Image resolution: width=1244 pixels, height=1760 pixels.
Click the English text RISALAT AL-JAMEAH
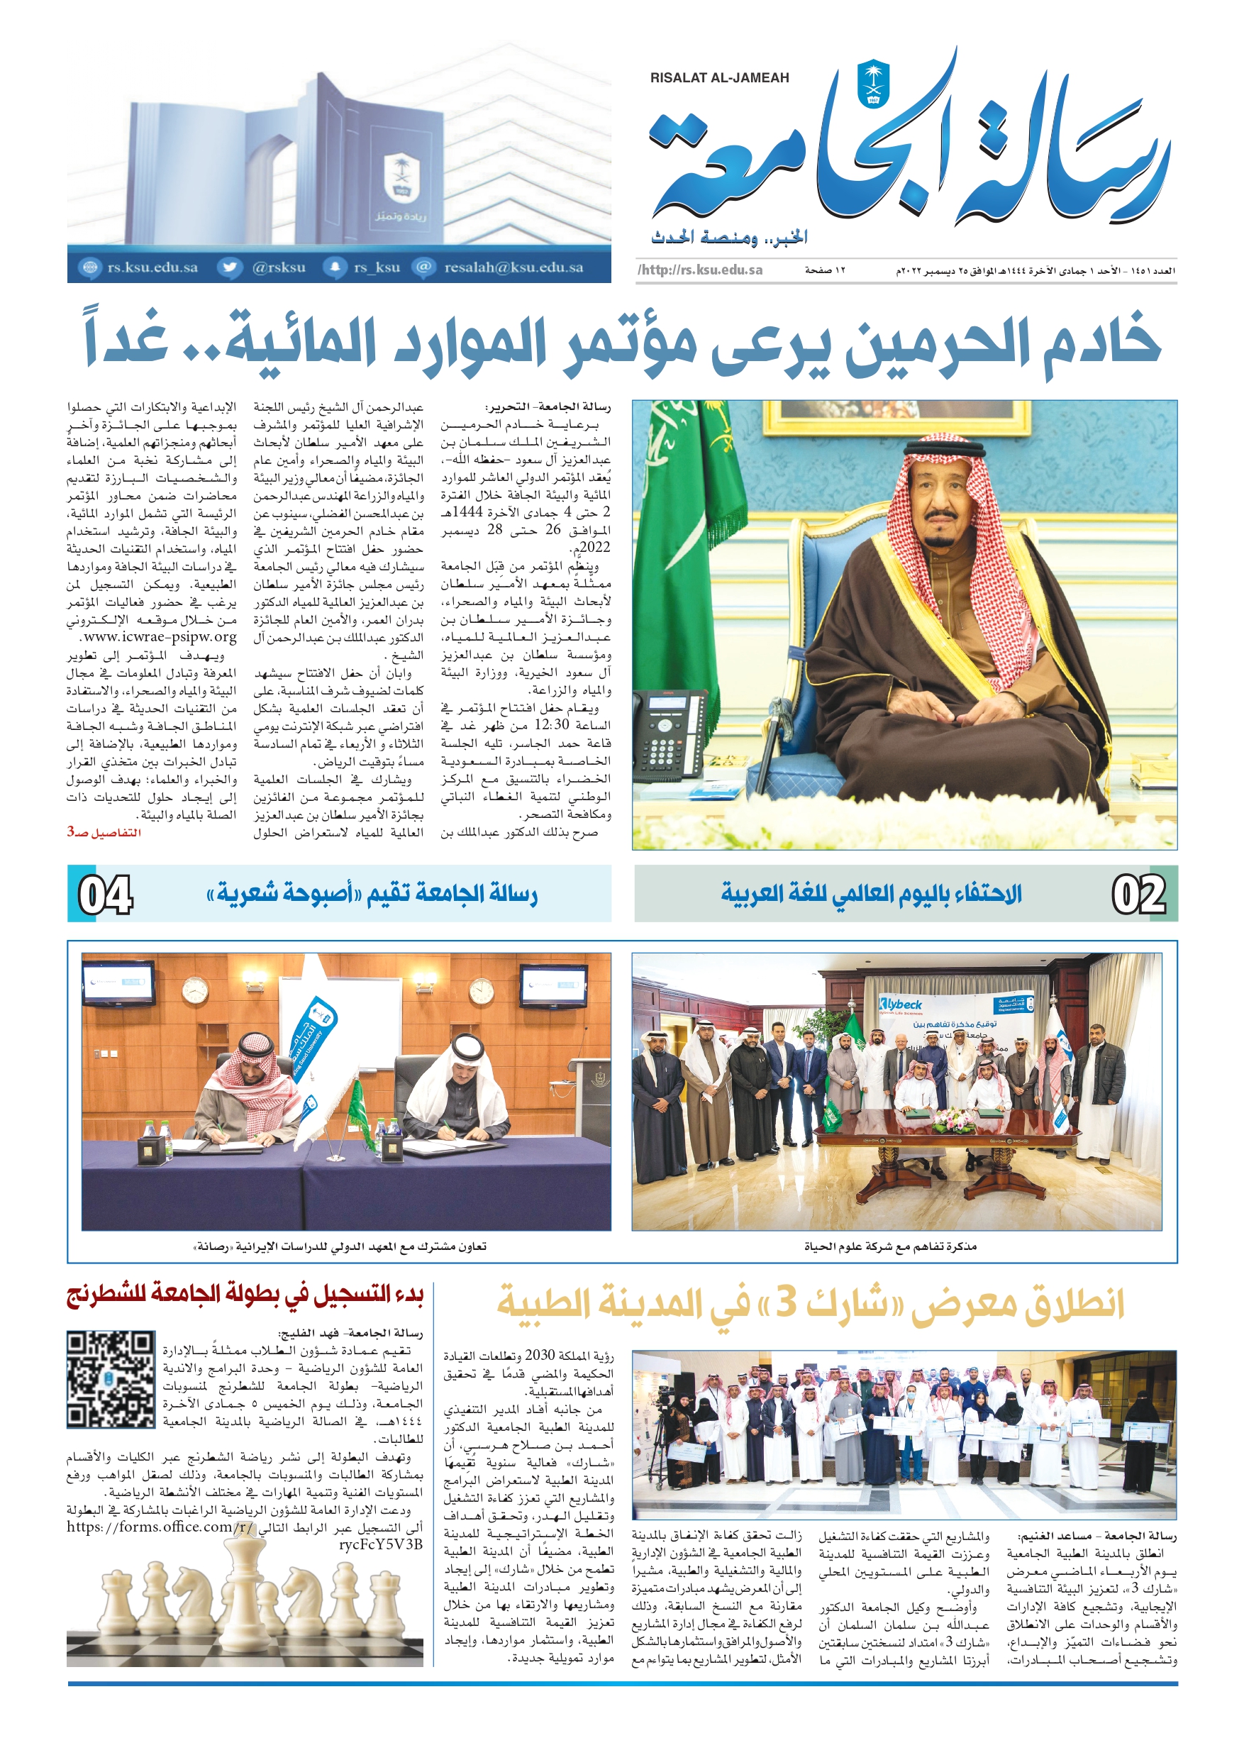point(719,78)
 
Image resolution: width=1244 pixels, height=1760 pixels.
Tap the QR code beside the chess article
point(111,1380)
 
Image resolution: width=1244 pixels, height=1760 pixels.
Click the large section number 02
point(1139,895)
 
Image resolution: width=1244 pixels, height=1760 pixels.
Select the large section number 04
point(106,895)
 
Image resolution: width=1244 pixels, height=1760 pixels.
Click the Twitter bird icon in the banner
point(228,267)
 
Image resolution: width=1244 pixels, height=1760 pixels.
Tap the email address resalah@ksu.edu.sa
point(513,267)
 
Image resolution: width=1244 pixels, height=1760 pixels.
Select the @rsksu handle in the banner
point(279,267)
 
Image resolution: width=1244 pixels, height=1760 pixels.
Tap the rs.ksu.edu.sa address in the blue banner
point(152,267)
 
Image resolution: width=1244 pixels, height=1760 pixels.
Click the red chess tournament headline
point(245,1296)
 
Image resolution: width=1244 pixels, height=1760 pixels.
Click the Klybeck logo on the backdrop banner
point(901,1004)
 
